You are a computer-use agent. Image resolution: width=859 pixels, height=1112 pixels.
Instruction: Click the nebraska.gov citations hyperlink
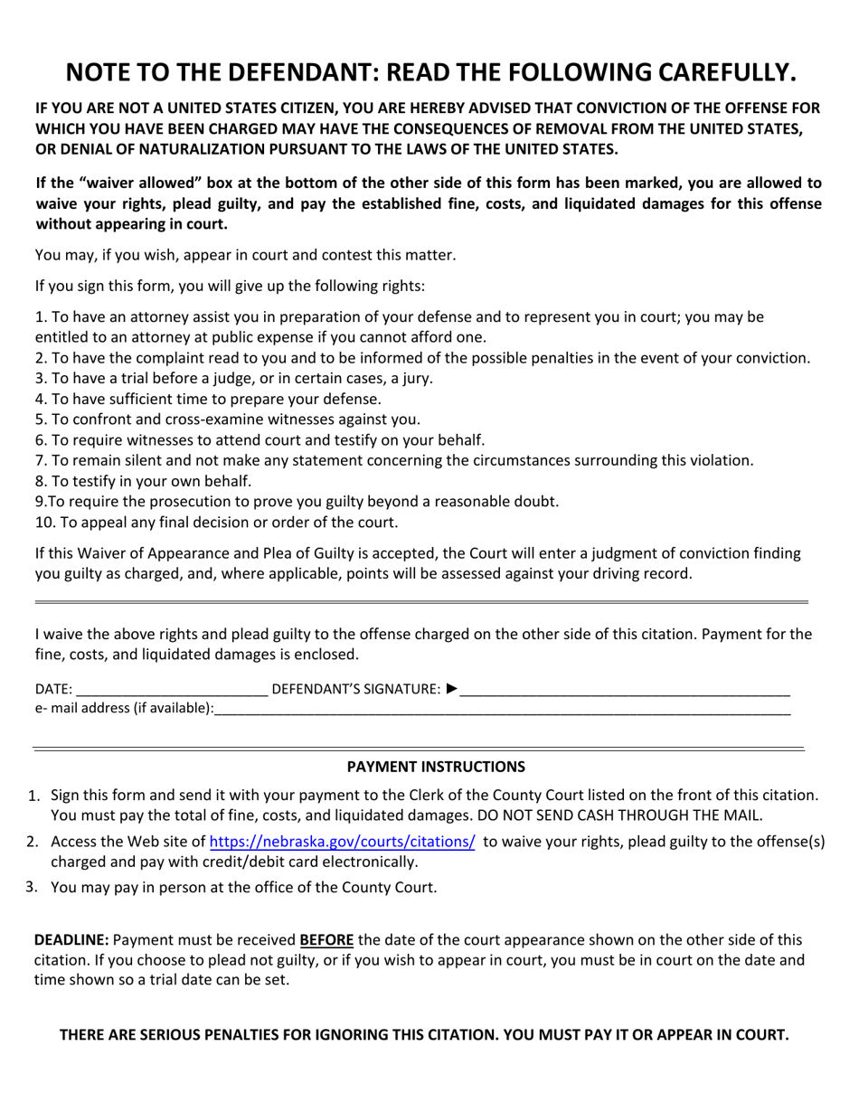[342, 842]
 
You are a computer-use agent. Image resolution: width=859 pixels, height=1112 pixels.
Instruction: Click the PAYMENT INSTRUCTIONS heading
[436, 767]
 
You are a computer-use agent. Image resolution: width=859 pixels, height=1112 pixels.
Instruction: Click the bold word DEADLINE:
[71, 940]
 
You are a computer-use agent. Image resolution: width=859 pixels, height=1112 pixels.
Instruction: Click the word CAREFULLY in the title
[702, 71]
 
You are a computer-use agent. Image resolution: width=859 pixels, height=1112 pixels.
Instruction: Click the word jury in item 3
[415, 378]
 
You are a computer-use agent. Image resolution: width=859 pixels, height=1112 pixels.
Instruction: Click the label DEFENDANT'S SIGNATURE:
[356, 689]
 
